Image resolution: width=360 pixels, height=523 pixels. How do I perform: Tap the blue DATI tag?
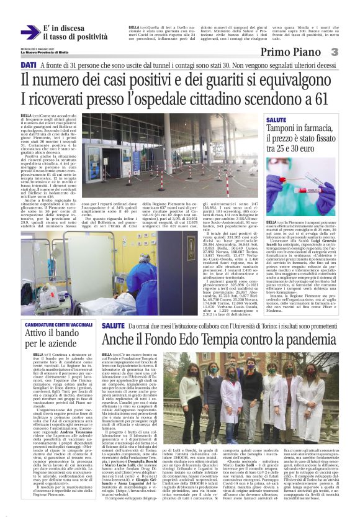pos(28,65)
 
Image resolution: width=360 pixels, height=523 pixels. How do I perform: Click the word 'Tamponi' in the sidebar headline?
pos(284,129)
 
